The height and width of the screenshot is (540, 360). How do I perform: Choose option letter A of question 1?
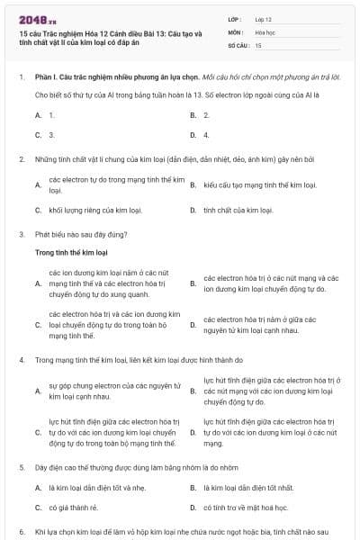pyautogui.click(x=38, y=115)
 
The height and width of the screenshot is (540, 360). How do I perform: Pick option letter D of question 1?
pyautogui.click(x=193, y=134)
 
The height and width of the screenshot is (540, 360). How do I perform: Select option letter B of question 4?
pyautogui.click(x=193, y=391)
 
